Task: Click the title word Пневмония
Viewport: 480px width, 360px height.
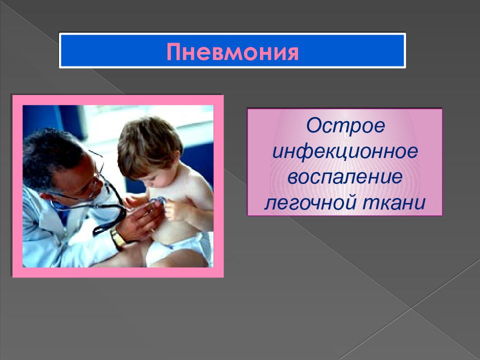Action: click(x=232, y=51)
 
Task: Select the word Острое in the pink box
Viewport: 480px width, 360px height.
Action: click(x=345, y=125)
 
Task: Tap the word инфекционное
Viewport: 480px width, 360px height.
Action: click(x=345, y=151)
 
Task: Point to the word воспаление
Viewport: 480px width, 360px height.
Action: click(x=345, y=177)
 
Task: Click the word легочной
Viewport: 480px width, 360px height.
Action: click(x=309, y=202)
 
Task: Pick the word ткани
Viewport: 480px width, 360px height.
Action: click(x=394, y=202)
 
